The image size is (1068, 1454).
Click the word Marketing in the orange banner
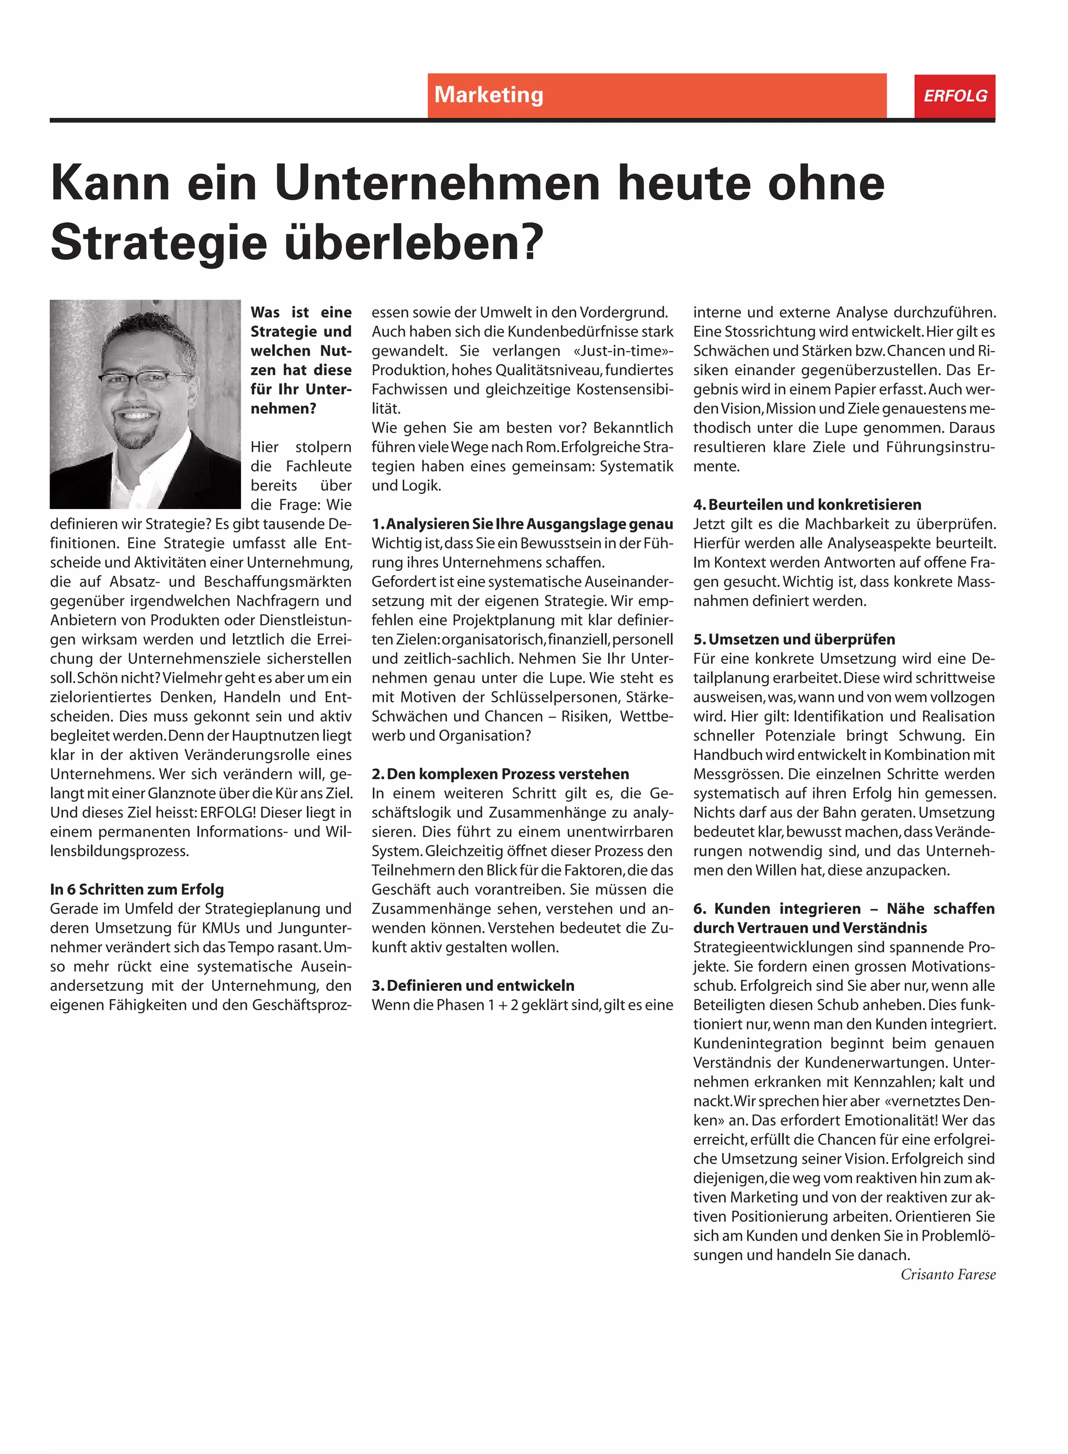point(488,95)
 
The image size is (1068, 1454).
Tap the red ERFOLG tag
point(954,95)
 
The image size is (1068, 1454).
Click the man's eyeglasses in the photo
point(145,378)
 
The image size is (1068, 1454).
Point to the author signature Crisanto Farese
point(948,1274)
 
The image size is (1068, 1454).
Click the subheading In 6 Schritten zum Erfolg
point(137,889)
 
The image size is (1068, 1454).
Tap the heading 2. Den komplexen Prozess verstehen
point(500,774)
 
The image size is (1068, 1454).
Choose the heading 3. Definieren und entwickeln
point(472,985)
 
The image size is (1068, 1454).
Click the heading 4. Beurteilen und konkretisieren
point(807,504)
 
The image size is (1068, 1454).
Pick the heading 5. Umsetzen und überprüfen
point(794,639)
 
